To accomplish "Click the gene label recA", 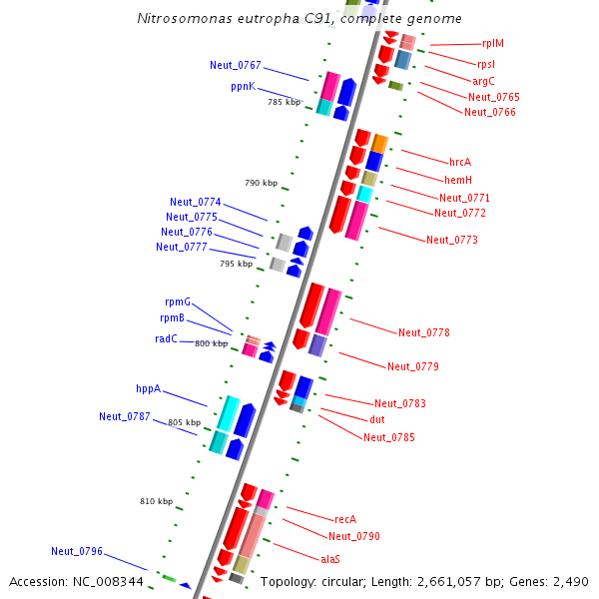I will click(345, 519).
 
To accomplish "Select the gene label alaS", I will click(330, 558).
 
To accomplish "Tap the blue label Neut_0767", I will click(236, 65).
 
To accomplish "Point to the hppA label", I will click(148, 388).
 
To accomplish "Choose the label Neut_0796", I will click(77, 551).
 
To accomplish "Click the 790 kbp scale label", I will click(260, 183).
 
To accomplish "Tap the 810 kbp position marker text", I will click(156, 501).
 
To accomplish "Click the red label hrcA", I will click(460, 162).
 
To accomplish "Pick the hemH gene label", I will click(457, 180).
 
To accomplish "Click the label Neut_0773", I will click(452, 240).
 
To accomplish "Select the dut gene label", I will click(377, 420).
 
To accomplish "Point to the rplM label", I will click(492, 43).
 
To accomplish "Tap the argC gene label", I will click(484, 80).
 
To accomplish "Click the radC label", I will click(166, 338).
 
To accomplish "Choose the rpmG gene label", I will click(178, 301).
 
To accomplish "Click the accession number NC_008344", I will click(109, 581).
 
